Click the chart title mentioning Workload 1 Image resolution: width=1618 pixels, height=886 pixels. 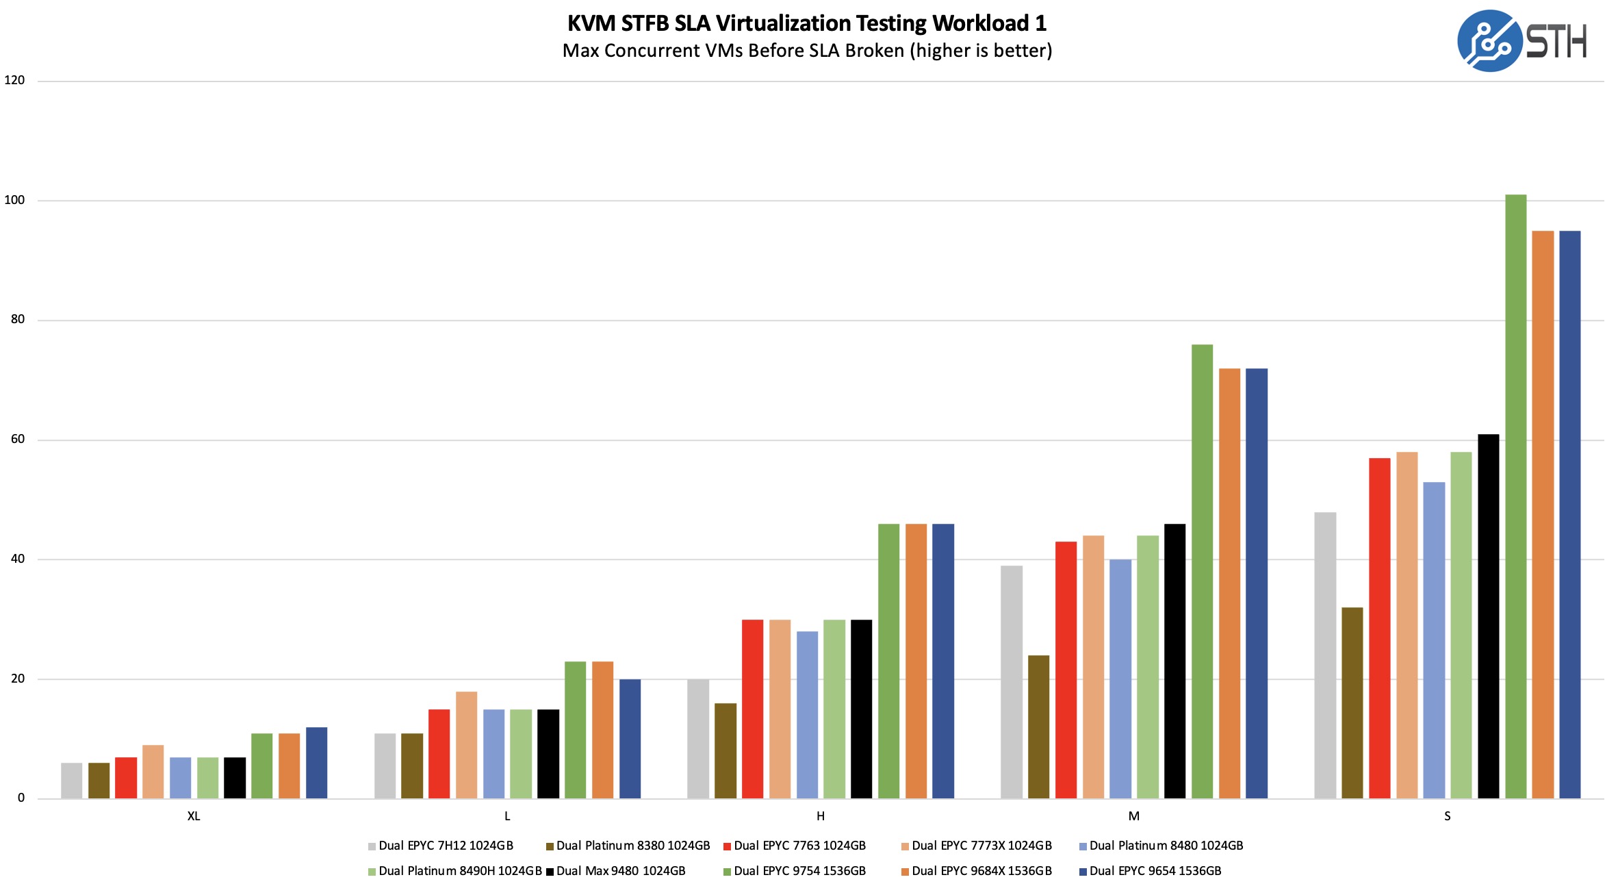[x=806, y=23]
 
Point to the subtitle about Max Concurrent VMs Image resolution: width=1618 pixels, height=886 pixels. [x=806, y=51]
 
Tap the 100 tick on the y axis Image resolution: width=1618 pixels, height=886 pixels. [x=14, y=200]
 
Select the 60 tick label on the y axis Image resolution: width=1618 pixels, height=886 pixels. [x=18, y=439]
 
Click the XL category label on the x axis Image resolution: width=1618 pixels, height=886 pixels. [x=194, y=816]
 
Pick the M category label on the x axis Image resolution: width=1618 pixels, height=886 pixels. [x=1133, y=816]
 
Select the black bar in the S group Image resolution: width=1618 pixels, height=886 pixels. [x=1488, y=616]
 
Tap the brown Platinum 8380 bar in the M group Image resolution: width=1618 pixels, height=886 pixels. [x=1038, y=726]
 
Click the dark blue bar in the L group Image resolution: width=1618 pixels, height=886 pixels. [x=630, y=739]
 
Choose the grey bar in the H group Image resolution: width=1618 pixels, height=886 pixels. [x=698, y=739]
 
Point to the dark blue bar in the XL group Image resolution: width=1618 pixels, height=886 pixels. [x=316, y=763]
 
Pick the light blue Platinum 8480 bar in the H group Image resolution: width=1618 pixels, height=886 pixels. [x=807, y=715]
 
